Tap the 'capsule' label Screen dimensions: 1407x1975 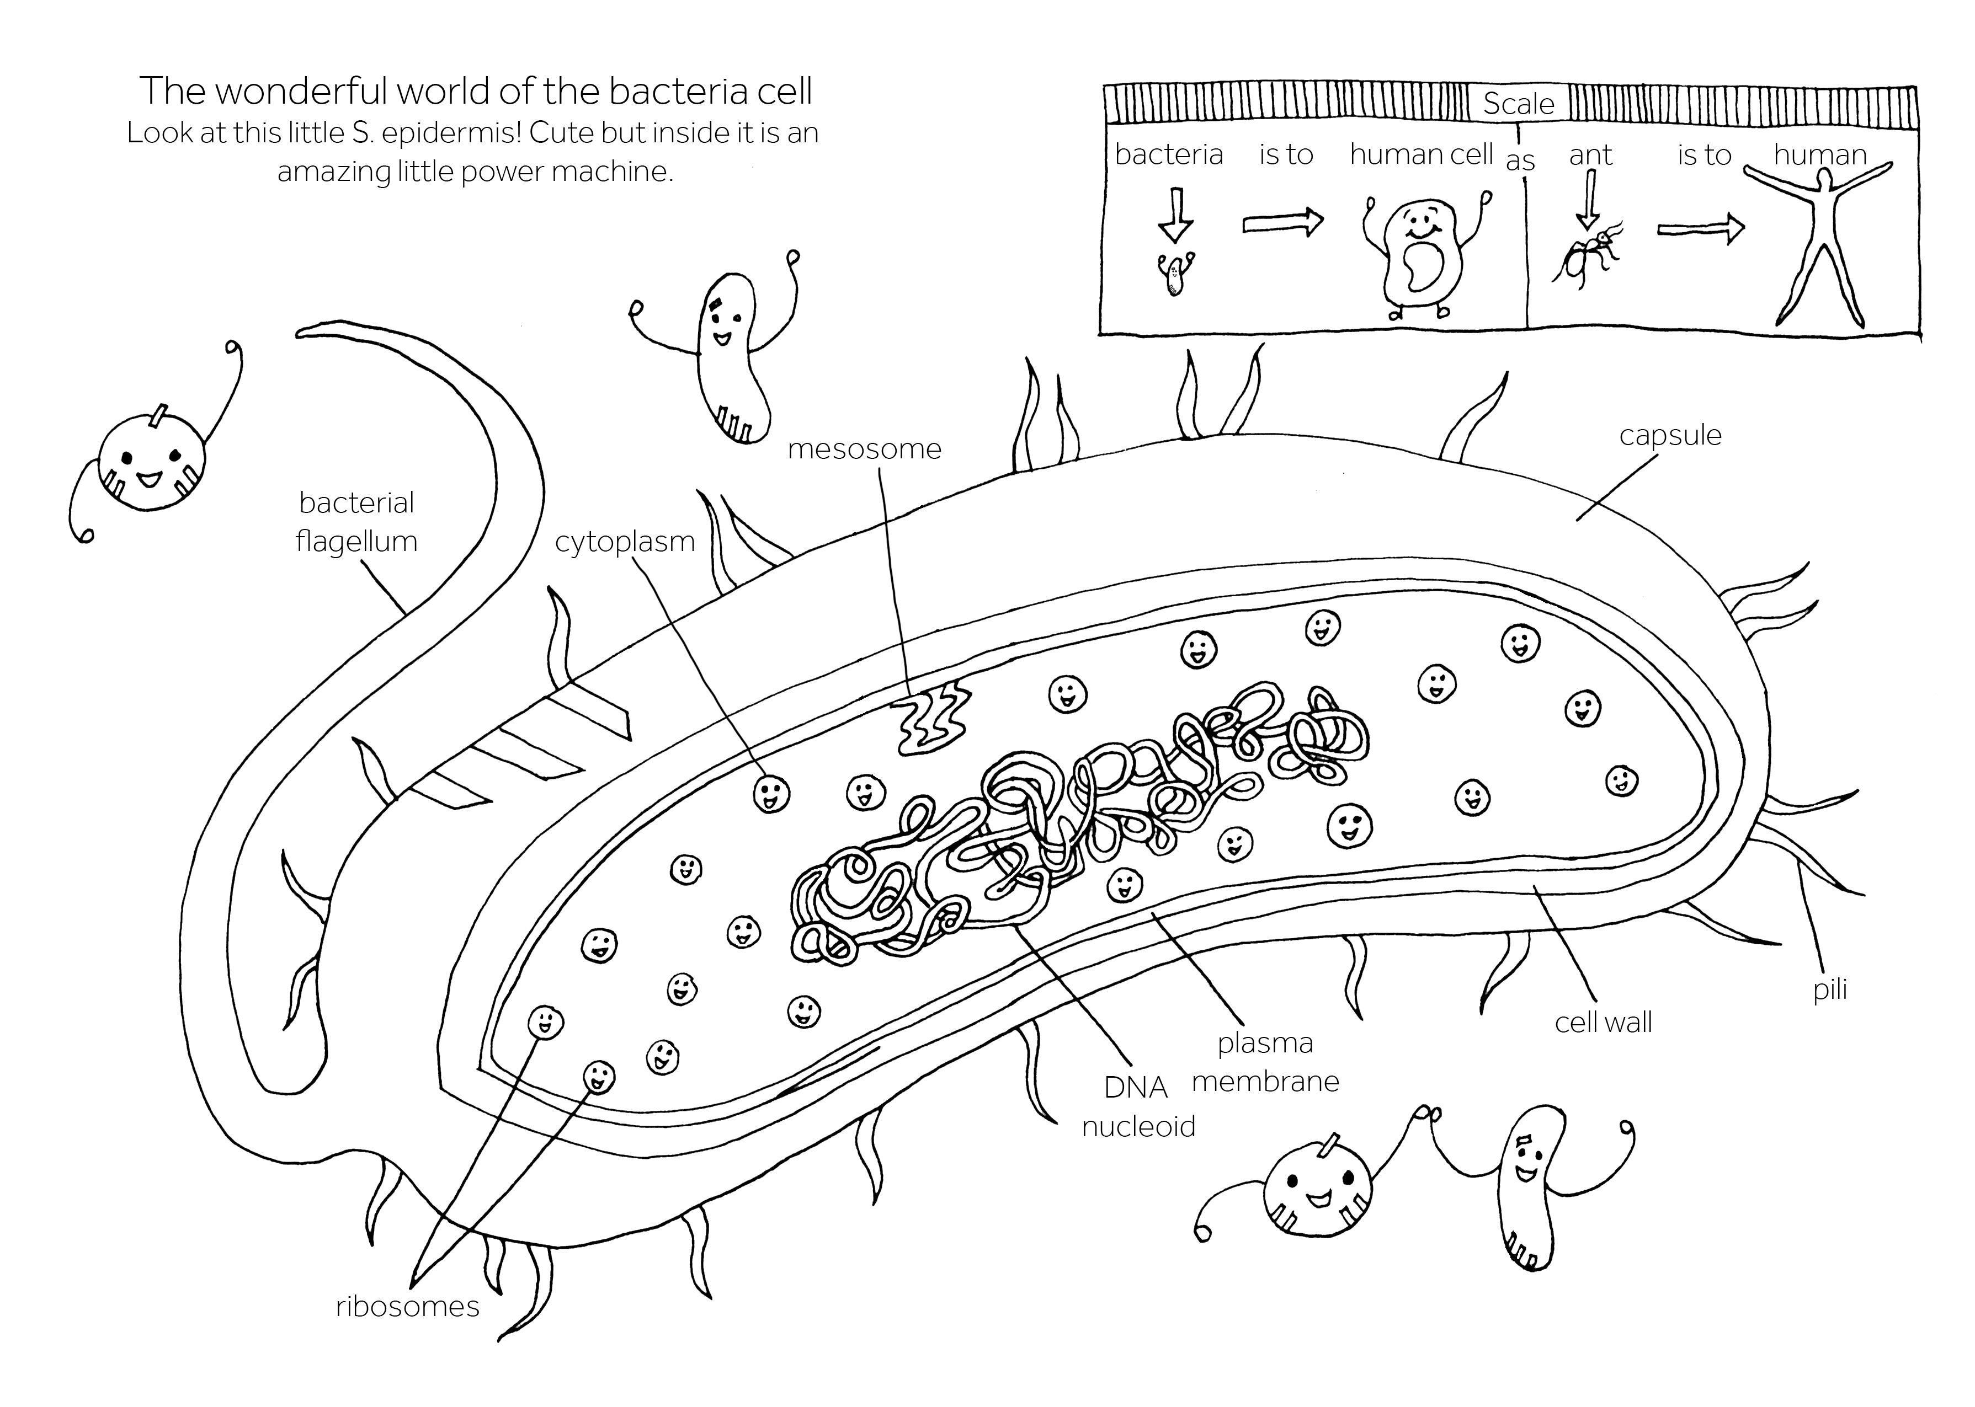point(1669,435)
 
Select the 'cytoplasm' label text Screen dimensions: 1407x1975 point(624,542)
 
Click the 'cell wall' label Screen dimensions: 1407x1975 point(1603,1023)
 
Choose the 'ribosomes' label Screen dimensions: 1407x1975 point(407,1306)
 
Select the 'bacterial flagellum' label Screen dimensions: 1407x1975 point(356,522)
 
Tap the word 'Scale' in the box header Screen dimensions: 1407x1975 point(1518,104)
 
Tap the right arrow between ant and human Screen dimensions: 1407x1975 point(1700,229)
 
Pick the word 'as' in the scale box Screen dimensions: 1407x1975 point(1520,161)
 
